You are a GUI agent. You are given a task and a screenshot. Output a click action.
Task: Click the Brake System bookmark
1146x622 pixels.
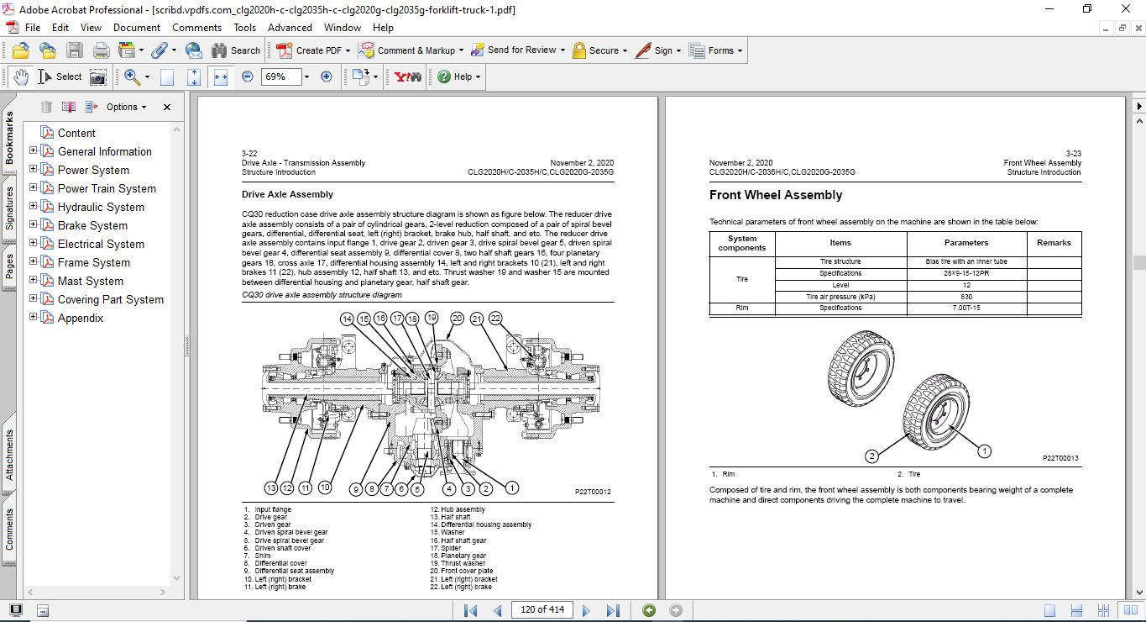pos(92,225)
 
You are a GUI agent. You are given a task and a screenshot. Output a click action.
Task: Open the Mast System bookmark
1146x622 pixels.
pos(90,281)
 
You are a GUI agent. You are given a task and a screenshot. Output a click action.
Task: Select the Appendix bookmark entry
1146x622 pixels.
pos(81,318)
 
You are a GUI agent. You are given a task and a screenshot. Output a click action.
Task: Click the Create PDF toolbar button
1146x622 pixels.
pos(310,50)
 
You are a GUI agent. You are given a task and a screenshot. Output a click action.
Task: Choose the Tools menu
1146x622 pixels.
pos(245,28)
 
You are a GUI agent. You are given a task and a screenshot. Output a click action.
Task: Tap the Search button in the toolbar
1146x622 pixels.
pos(236,50)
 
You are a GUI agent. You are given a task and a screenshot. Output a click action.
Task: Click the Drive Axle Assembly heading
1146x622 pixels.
pos(287,194)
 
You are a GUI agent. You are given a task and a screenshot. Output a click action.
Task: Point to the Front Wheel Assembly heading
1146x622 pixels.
pos(775,195)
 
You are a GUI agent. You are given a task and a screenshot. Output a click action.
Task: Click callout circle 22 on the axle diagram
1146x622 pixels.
pos(495,318)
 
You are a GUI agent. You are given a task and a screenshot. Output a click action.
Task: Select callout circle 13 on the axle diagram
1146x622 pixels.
pos(270,488)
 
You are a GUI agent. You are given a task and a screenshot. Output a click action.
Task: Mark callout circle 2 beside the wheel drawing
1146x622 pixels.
pos(872,456)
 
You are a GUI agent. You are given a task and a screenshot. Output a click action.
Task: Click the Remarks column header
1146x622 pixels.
pos(1054,243)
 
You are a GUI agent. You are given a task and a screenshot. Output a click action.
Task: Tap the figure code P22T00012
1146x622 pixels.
pos(593,492)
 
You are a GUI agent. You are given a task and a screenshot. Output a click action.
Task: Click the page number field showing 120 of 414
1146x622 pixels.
pos(542,610)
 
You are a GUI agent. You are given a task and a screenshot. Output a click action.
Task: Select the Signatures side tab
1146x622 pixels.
pos(9,208)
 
